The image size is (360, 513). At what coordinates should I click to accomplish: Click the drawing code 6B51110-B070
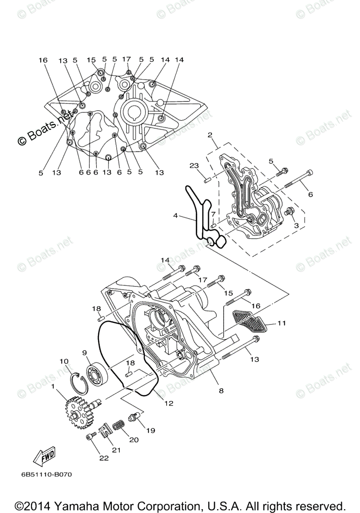click(x=46, y=474)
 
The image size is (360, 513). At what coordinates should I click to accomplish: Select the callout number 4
click(x=175, y=216)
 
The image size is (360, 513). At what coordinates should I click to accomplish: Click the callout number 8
click(x=221, y=390)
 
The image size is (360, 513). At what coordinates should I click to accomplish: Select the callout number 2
click(x=210, y=135)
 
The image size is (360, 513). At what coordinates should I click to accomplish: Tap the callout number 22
click(x=103, y=458)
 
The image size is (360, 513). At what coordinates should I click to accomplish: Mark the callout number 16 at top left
click(x=43, y=60)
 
